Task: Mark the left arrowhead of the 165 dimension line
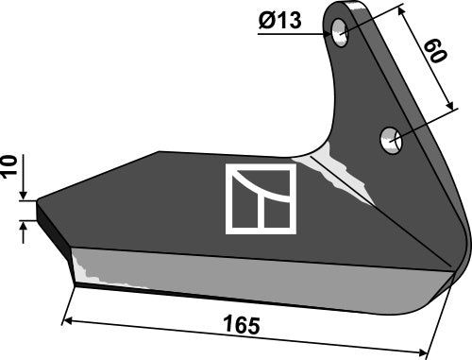click(65, 321)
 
